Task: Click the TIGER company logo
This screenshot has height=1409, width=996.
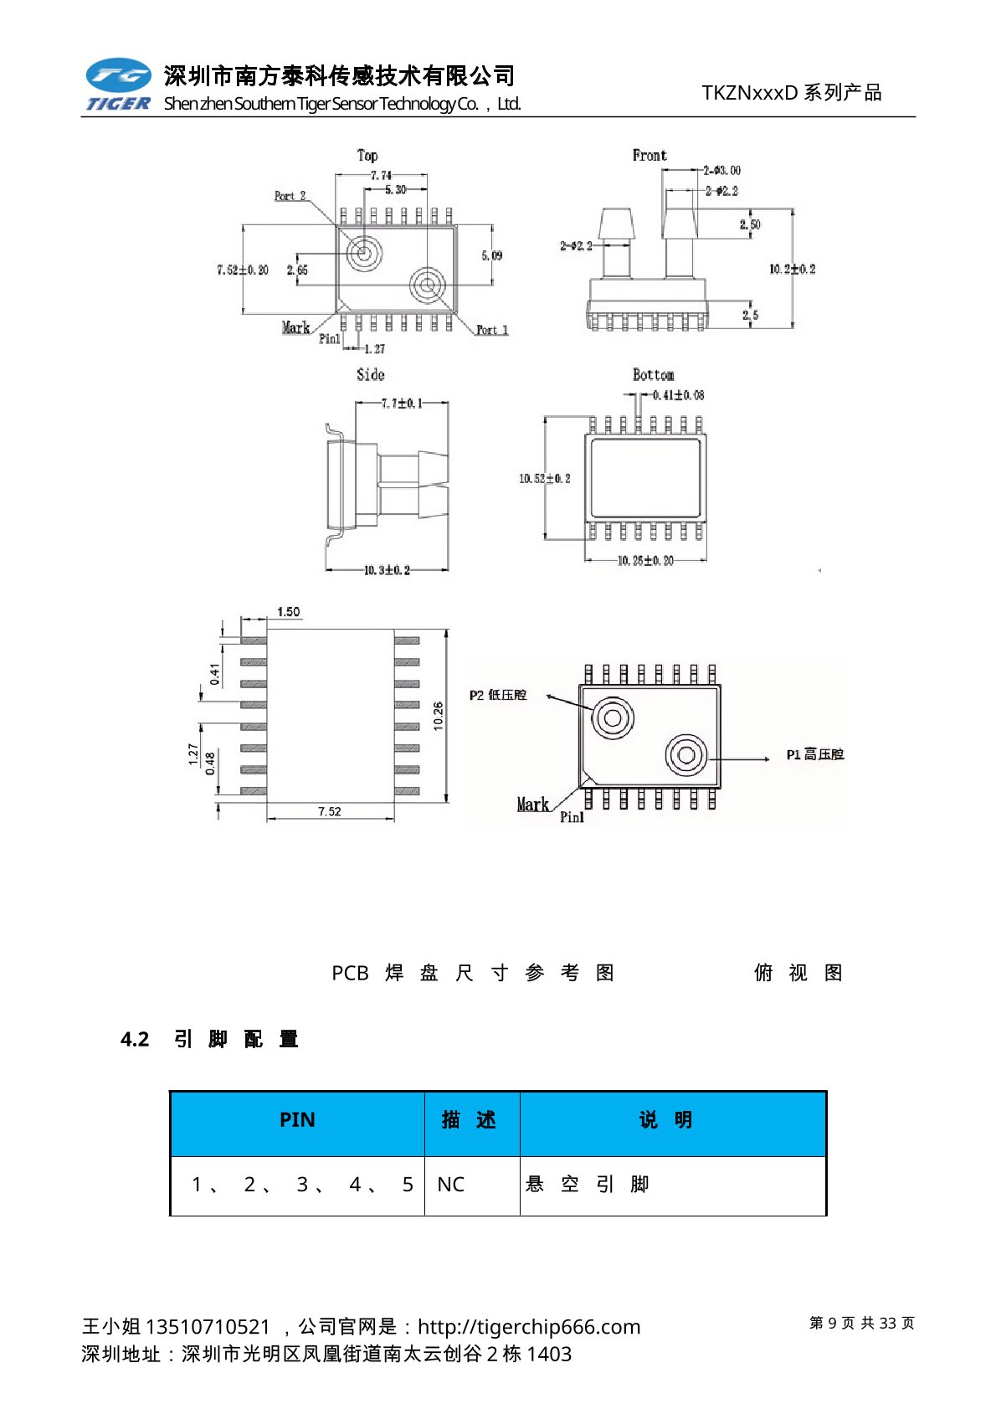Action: click(x=118, y=85)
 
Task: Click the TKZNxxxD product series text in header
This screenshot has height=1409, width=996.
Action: click(x=791, y=93)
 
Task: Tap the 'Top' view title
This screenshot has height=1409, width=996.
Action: click(x=367, y=155)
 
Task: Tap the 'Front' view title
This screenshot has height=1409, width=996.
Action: click(x=649, y=155)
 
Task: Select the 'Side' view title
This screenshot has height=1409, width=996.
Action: click(x=371, y=374)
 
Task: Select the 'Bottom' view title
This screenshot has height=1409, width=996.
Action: click(x=653, y=374)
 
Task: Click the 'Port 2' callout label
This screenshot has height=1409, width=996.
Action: click(x=290, y=196)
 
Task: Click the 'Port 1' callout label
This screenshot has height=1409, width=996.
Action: click(x=492, y=330)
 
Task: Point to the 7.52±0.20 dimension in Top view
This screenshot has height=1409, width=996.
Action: click(x=243, y=270)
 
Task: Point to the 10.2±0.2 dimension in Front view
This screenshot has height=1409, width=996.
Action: click(x=792, y=269)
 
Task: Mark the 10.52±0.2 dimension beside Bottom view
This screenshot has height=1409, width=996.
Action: click(x=544, y=478)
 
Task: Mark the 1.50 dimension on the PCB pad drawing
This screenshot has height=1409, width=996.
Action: click(x=288, y=612)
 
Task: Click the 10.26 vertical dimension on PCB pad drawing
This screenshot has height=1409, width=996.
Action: click(x=439, y=716)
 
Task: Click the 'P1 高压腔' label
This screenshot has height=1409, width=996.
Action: click(x=814, y=754)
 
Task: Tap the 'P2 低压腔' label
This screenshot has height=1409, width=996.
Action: click(x=498, y=695)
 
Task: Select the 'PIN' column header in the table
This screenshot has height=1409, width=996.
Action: click(x=297, y=1120)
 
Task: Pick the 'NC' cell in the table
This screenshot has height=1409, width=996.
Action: click(x=450, y=1185)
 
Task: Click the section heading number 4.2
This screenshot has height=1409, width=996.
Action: click(x=135, y=1039)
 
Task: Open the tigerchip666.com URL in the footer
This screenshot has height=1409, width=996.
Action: click(x=528, y=1327)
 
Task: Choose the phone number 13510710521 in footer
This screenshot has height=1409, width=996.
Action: click(x=208, y=1327)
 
